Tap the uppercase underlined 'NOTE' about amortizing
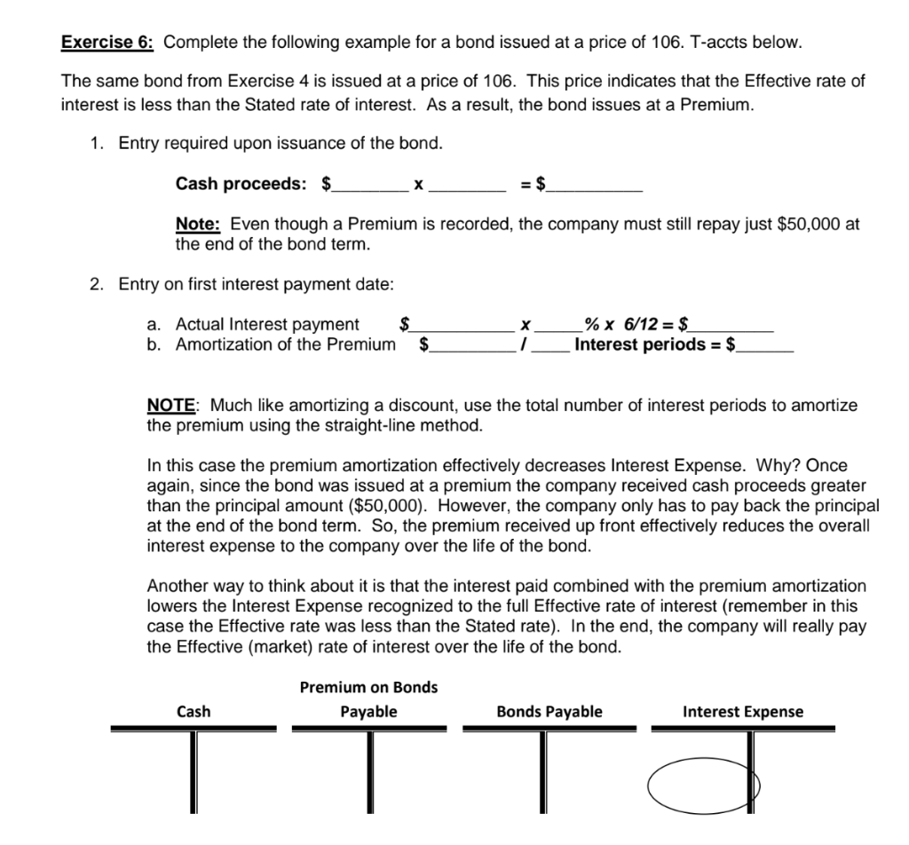click(x=171, y=406)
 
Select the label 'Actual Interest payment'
click(x=267, y=325)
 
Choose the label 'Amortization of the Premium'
click(x=285, y=344)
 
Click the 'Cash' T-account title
click(x=194, y=711)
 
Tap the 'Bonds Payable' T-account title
click(x=549, y=711)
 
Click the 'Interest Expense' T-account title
click(x=742, y=711)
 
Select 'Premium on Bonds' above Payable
click(x=368, y=687)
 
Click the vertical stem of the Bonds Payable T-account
click(x=549, y=772)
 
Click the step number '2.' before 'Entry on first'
click(x=97, y=284)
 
